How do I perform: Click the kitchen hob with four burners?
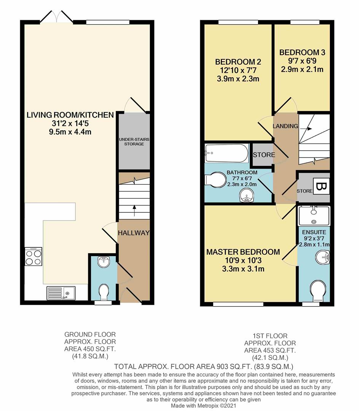tap(33, 256)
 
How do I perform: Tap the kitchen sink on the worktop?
tap(61, 293)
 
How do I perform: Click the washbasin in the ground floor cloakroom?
tap(103, 262)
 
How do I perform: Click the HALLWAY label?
tap(133, 233)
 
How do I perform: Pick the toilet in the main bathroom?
tap(215, 180)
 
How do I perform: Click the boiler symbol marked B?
tap(321, 186)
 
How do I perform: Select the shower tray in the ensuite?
tap(314, 215)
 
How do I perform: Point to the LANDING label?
tap(285, 126)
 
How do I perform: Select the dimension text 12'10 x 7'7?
tap(237, 70)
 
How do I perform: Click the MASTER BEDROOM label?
tap(243, 252)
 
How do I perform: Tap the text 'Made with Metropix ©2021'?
tap(204, 406)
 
